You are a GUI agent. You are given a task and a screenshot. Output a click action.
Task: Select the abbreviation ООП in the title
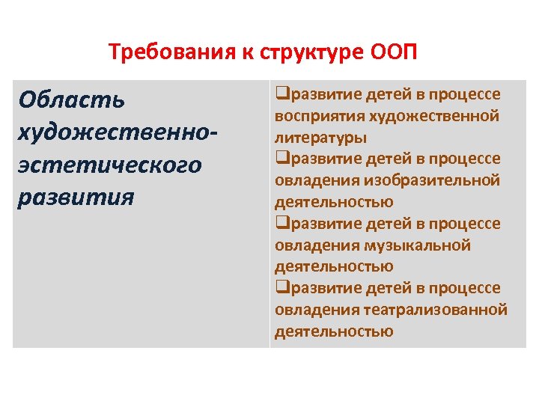point(394,53)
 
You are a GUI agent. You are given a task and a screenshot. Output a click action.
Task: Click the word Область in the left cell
point(73,100)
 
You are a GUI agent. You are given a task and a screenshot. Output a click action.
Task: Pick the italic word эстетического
point(111,164)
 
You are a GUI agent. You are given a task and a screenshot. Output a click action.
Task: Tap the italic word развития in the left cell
point(76,197)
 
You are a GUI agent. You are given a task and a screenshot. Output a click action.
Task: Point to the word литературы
point(320,138)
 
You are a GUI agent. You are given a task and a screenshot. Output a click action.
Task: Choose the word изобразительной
point(432,180)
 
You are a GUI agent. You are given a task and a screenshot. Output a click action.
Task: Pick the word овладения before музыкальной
point(317,245)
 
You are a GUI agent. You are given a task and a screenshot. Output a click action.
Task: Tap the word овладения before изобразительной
point(317,180)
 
